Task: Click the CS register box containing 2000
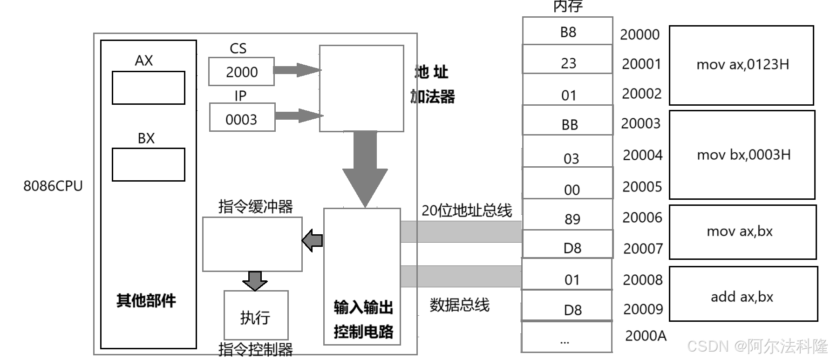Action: pyautogui.click(x=241, y=72)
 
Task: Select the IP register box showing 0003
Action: pyautogui.click(x=242, y=119)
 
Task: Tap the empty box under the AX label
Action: pyautogui.click(x=148, y=88)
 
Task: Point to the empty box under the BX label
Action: pyautogui.click(x=148, y=164)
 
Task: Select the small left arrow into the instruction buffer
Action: pyautogui.click(x=313, y=240)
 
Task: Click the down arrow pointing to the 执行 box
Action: pyautogui.click(x=255, y=280)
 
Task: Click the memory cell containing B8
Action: pyautogui.click(x=567, y=31)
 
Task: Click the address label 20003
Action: pyautogui.click(x=640, y=123)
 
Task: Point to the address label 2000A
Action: pyautogui.click(x=646, y=336)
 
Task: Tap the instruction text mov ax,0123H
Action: pyautogui.click(x=742, y=65)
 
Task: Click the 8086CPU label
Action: pyautogui.click(x=53, y=186)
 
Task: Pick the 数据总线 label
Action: pyautogui.click(x=459, y=305)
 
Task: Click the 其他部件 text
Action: pyautogui.click(x=146, y=301)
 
